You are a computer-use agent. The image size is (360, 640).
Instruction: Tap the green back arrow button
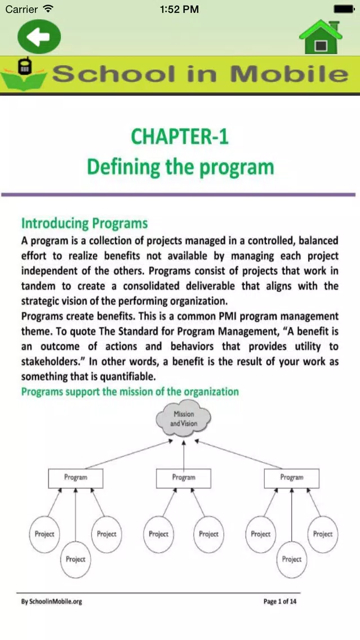pyautogui.click(x=39, y=37)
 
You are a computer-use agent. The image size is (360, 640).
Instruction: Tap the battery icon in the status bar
pyautogui.click(x=344, y=8)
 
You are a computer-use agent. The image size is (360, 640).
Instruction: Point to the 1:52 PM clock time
pyautogui.click(x=180, y=9)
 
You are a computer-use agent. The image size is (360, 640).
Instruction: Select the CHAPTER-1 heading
pyautogui.click(x=180, y=137)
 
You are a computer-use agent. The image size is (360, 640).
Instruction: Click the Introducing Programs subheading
pyautogui.click(x=85, y=223)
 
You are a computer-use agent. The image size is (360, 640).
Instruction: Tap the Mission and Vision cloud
pyautogui.click(x=184, y=419)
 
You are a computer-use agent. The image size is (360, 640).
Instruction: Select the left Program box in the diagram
pyautogui.click(x=75, y=478)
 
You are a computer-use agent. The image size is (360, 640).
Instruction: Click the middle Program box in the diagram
pyautogui.click(x=184, y=478)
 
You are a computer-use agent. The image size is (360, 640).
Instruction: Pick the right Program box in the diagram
pyautogui.click(x=291, y=478)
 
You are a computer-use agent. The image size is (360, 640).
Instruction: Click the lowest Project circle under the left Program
pyautogui.click(x=75, y=559)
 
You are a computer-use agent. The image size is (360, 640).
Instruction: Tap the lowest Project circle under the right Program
pyautogui.click(x=291, y=559)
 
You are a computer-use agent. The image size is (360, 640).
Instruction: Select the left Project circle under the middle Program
pyautogui.click(x=159, y=534)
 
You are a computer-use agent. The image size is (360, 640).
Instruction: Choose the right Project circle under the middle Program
pyautogui.click(x=208, y=534)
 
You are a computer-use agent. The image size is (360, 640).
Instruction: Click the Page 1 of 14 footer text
pyautogui.click(x=280, y=601)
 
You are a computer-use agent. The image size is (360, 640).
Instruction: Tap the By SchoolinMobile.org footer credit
pyautogui.click(x=51, y=602)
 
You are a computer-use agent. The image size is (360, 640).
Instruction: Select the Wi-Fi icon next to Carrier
pyautogui.click(x=48, y=8)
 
